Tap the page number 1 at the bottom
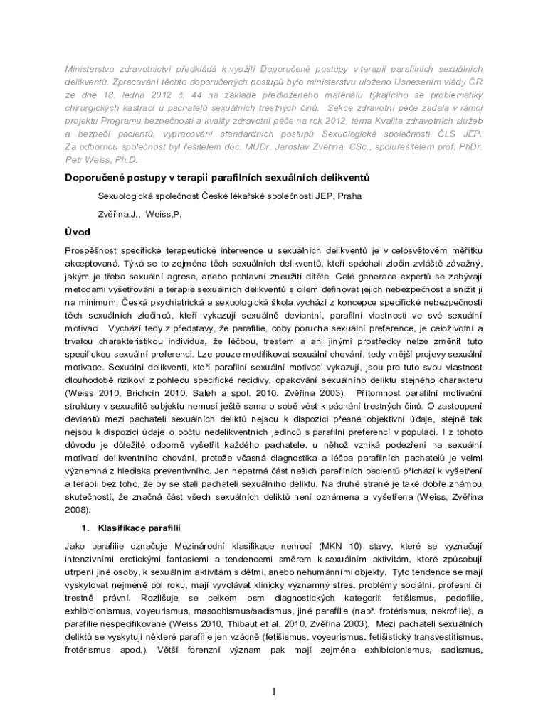(273, 692)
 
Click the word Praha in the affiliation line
(349, 196)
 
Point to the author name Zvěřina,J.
(118, 213)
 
